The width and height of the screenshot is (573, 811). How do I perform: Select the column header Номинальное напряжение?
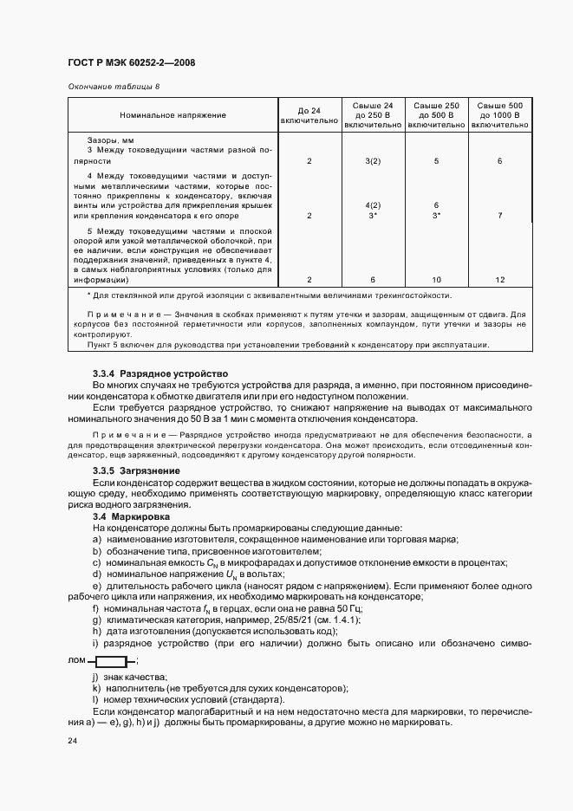[173, 115]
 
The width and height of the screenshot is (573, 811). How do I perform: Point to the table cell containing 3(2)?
[373, 161]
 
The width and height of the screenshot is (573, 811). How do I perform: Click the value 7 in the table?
[500, 215]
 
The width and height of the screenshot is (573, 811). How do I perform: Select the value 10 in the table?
[437, 280]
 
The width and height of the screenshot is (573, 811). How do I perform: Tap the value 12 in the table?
[500, 280]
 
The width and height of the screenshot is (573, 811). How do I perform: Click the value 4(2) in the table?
[373, 205]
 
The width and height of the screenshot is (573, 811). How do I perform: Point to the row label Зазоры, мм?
[110, 139]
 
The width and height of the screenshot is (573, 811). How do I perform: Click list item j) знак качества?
[129, 677]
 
